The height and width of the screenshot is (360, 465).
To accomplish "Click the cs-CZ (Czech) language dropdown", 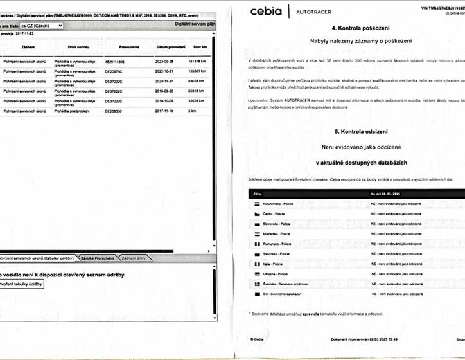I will click(41, 26).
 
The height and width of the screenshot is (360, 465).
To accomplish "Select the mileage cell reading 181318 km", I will click(197, 61).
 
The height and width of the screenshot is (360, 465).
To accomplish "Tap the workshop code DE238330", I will click(115, 111).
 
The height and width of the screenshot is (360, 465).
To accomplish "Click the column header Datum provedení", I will click(171, 48).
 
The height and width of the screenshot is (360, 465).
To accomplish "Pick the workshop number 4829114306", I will click(117, 61).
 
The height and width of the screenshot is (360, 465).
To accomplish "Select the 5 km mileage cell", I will click(192, 111).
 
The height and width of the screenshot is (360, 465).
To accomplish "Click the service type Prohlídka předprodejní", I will click(71, 111).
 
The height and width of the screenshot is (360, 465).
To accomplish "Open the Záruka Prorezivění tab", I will click(98, 258).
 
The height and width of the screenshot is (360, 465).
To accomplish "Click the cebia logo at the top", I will click(265, 11).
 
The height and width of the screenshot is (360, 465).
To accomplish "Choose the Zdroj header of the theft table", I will click(258, 193).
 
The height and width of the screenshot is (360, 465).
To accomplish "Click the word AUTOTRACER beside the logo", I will click(314, 12).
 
